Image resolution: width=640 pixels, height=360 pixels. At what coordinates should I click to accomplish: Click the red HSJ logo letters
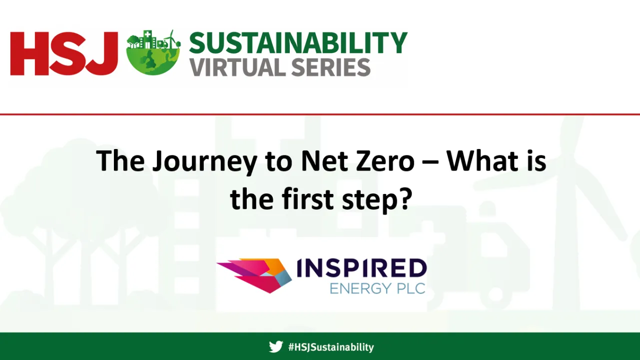(x=63, y=53)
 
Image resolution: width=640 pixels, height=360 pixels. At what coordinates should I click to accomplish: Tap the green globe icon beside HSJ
(x=153, y=54)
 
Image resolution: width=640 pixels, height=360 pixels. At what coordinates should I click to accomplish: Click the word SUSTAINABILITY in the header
(x=298, y=43)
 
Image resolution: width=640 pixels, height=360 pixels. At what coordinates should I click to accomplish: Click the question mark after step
(x=403, y=198)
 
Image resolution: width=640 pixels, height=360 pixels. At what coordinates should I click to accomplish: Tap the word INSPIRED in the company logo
(x=361, y=268)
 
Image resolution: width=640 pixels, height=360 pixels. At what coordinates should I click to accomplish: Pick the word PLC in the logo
(x=408, y=288)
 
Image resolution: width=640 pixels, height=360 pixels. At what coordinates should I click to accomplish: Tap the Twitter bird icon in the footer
(x=276, y=346)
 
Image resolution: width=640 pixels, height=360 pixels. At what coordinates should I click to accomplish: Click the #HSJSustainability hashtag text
(x=331, y=347)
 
